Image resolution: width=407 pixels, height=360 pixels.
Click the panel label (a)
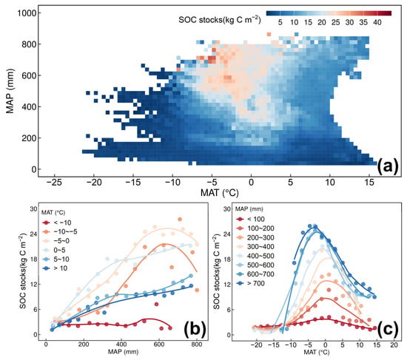tap(387, 167)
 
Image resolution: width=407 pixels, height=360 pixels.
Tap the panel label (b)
tap(195, 328)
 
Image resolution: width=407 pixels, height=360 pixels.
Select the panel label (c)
tap(388, 328)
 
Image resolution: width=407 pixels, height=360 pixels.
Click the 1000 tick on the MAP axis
tap(26, 13)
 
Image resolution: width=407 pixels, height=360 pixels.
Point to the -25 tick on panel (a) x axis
tap(54, 183)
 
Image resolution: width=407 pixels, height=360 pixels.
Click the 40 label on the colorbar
tap(377, 23)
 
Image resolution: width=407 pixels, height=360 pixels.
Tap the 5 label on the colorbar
tap(280, 23)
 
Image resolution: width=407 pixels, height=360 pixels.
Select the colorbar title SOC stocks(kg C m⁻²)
tap(219, 19)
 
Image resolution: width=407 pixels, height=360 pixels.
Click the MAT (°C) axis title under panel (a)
tap(219, 193)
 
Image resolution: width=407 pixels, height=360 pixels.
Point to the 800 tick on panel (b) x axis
tap(197, 344)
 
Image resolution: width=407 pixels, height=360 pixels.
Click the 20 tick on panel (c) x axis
tap(394, 345)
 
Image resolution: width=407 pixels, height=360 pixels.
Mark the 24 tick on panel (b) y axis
tap(34, 234)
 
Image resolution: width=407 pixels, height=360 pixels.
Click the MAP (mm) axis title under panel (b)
tap(124, 352)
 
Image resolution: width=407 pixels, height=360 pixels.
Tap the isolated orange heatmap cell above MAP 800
tap(269, 34)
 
